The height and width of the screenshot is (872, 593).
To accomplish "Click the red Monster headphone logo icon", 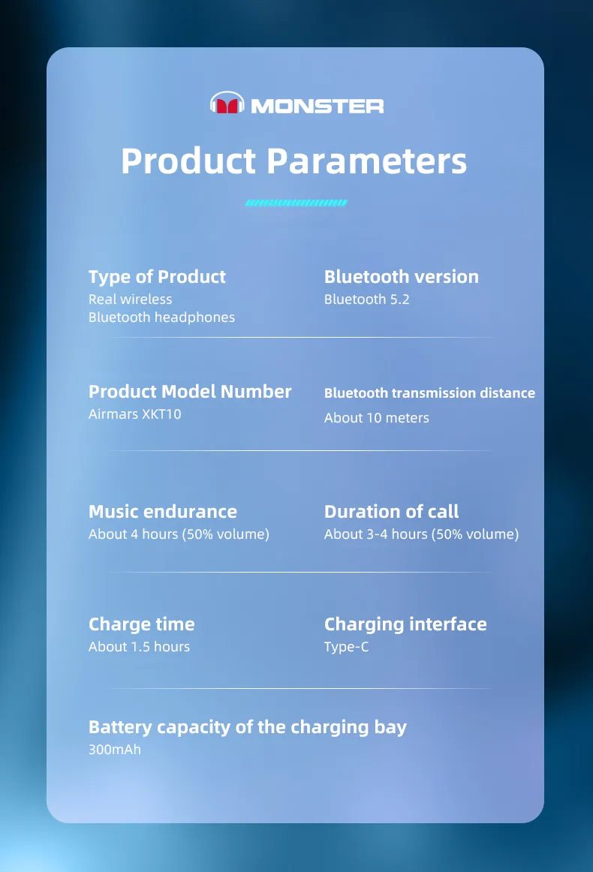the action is [x=227, y=103].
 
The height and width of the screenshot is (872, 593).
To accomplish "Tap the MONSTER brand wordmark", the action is [x=317, y=106].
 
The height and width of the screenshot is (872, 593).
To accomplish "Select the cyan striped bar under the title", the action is [x=296, y=203].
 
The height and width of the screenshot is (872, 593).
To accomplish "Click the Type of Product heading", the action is [x=157, y=277].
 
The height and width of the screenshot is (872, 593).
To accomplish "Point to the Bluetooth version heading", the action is [x=401, y=276].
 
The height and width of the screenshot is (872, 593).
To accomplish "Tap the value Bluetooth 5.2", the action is [x=366, y=299].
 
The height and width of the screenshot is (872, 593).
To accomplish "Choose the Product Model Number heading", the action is [x=190, y=392].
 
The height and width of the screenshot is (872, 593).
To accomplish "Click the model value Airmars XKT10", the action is [x=134, y=413].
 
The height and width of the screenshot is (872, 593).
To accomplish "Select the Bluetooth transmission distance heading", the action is [x=429, y=392].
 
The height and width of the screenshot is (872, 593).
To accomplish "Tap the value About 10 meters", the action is [x=377, y=418].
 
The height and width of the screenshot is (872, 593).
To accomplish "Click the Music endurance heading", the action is [x=162, y=512].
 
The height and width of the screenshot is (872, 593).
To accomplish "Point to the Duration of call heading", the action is [x=391, y=512].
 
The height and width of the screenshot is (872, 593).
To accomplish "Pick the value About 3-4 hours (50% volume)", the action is [x=421, y=534].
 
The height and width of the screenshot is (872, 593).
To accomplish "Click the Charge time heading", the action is [x=141, y=624].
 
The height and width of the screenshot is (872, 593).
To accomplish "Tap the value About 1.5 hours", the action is [x=139, y=647].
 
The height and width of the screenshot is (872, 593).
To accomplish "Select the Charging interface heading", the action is [x=405, y=624].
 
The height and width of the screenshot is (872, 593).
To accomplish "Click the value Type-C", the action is [x=346, y=647].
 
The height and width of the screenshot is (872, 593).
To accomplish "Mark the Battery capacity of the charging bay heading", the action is [x=248, y=727].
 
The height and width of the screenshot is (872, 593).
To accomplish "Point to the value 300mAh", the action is [x=115, y=750].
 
